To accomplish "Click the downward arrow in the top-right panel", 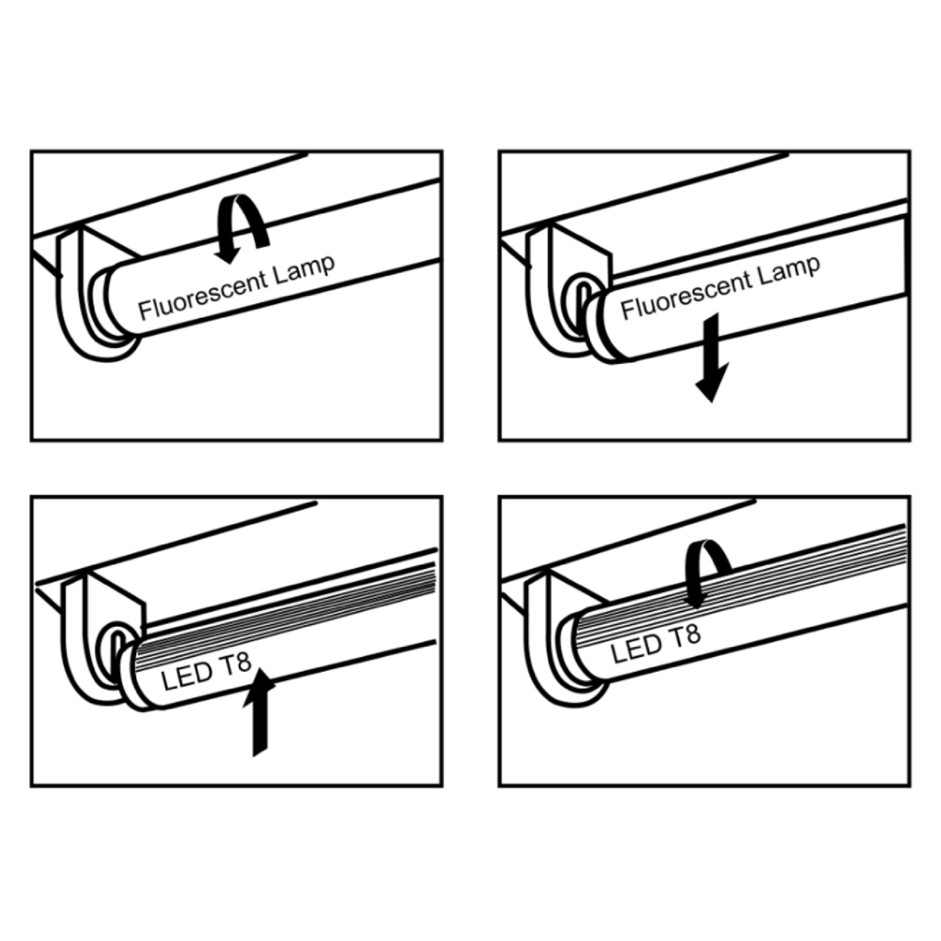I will point(711,368).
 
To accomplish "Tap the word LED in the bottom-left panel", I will point(185,679).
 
